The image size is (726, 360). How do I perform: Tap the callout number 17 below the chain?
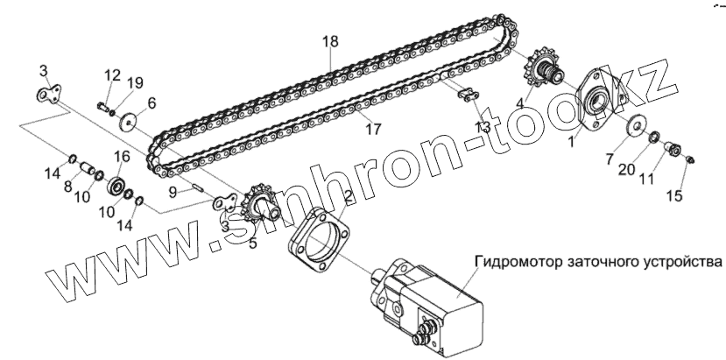pos(374,130)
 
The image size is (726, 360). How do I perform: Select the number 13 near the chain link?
pos(483,127)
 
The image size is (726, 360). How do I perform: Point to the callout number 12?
pos(114,74)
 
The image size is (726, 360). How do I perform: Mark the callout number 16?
pos(121,156)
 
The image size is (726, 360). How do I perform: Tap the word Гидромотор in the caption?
pos(518,261)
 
